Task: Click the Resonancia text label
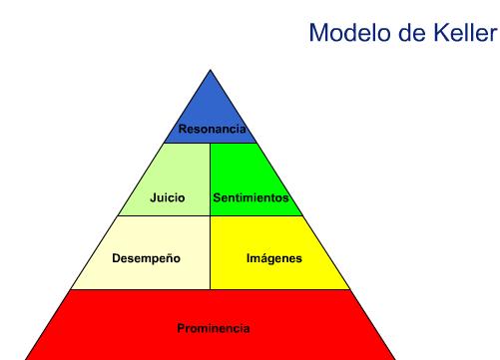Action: pyautogui.click(x=212, y=129)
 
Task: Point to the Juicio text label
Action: pyautogui.click(x=167, y=197)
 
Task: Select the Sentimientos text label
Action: pyautogui.click(x=250, y=197)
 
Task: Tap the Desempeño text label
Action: pyautogui.click(x=146, y=258)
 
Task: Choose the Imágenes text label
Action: pyautogui.click(x=273, y=258)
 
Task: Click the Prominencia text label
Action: pyautogui.click(x=213, y=328)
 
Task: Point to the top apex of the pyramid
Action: pyautogui.click(x=211, y=70)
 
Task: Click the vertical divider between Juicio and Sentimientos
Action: pyautogui.click(x=211, y=180)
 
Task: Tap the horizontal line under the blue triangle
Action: pyautogui.click(x=211, y=143)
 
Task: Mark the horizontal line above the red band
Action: pyautogui.click(x=211, y=289)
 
